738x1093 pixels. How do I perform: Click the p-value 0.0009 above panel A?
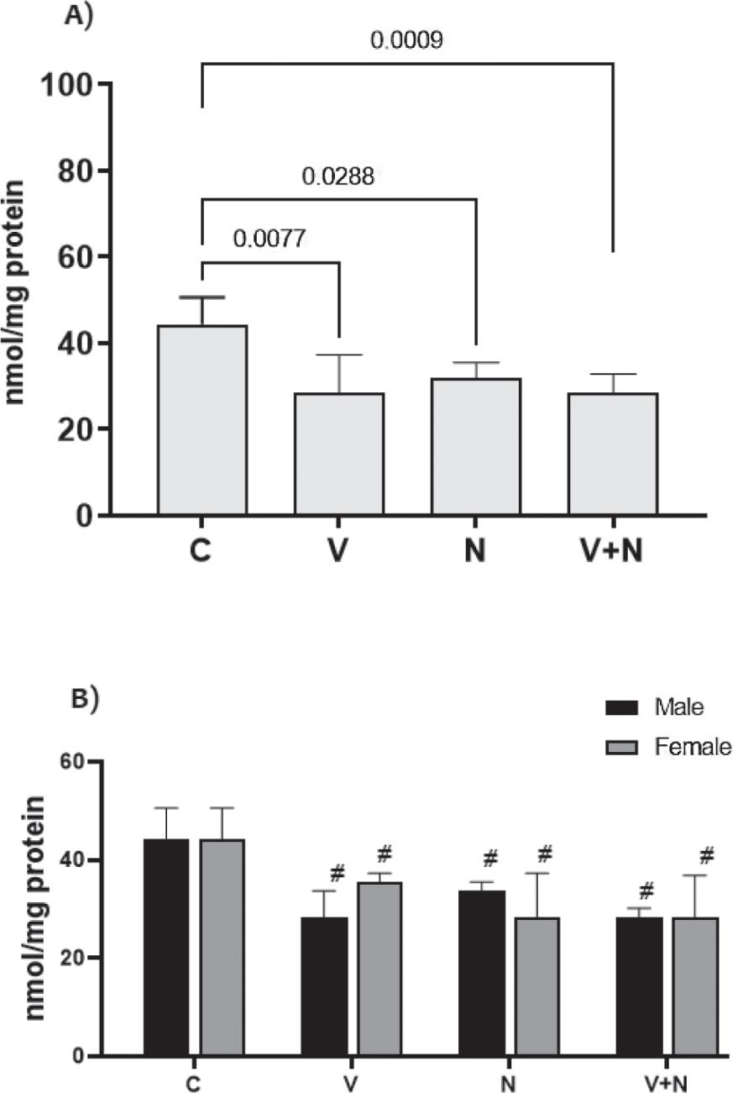[x=407, y=39]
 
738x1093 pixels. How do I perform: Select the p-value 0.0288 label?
[x=338, y=177]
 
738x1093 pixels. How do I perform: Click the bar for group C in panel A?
[x=202, y=419]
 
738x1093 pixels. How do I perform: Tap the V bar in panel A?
[x=338, y=453]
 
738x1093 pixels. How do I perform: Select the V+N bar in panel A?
[x=612, y=453]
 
